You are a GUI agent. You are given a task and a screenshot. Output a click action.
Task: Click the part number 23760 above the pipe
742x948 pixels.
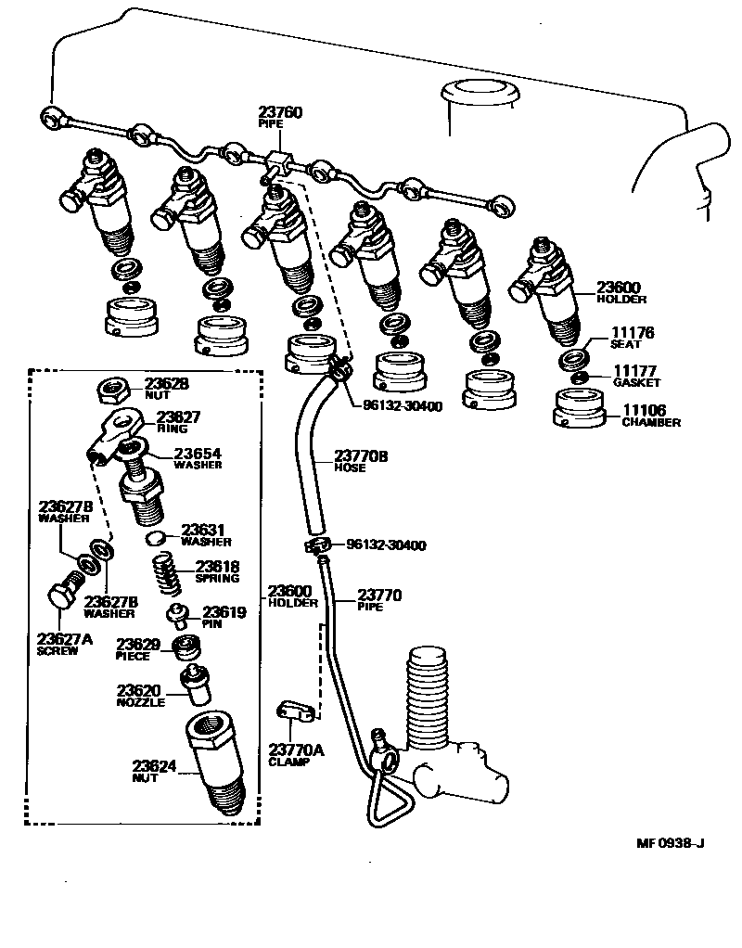(x=281, y=112)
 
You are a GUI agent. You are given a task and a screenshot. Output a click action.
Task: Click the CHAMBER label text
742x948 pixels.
(x=651, y=422)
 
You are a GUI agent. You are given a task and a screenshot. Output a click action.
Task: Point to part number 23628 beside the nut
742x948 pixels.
(x=166, y=382)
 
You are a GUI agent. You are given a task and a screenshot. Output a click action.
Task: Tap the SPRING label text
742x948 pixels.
(x=217, y=579)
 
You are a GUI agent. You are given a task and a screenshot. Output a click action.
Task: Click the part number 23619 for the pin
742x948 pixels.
(x=224, y=612)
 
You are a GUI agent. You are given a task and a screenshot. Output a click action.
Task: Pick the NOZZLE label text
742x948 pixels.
(x=141, y=702)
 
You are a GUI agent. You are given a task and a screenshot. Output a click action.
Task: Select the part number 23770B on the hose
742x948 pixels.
(x=361, y=456)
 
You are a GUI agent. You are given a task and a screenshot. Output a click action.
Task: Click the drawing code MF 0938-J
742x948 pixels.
(x=671, y=842)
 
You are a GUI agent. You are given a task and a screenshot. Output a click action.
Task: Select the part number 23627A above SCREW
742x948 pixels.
(x=65, y=638)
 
